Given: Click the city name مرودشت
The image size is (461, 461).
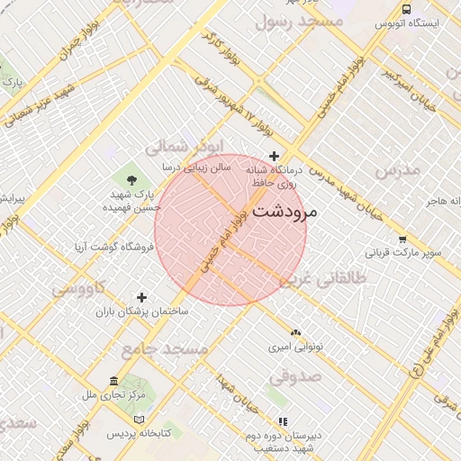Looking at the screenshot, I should [x=286, y=212].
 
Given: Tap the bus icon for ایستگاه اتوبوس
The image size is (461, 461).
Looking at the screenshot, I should [x=407, y=9].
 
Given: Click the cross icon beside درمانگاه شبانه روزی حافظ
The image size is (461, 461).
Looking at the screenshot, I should [x=275, y=157].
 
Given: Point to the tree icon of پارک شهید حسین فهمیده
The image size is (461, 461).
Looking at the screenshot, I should [x=133, y=179].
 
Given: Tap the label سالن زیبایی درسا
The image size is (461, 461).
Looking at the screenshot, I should [x=196, y=167].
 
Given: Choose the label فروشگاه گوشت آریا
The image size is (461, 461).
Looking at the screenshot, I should [x=113, y=246].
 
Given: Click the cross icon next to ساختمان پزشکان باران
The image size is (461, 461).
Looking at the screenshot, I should [x=141, y=297].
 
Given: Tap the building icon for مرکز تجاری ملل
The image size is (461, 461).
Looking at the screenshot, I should [x=113, y=381].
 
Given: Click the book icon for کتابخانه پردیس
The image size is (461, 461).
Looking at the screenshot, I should [x=138, y=420].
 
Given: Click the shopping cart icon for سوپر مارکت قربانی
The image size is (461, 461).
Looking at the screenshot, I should [x=402, y=240].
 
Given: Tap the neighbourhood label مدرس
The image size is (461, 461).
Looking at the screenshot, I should [x=397, y=169].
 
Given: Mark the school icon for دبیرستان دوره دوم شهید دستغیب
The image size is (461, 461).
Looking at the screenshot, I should [x=283, y=420].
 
